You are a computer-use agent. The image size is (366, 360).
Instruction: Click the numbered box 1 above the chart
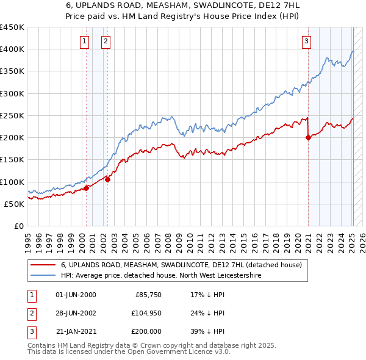click(84, 41)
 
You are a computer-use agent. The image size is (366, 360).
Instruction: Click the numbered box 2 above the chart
click(106, 41)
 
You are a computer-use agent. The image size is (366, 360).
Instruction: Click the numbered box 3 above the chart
click(306, 41)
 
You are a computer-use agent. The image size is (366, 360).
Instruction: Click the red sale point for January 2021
click(308, 137)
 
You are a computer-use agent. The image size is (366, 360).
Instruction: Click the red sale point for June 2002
click(107, 179)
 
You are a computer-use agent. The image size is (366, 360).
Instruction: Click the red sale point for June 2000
click(86, 188)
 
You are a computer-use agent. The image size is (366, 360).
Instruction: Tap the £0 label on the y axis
click(18, 226)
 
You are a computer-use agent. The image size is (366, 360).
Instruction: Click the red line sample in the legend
click(43, 265)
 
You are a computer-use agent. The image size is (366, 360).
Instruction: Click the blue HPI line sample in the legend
click(43, 276)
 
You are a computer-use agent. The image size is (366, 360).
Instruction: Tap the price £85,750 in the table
click(147, 295)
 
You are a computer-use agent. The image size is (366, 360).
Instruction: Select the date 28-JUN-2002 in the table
click(76, 313)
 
